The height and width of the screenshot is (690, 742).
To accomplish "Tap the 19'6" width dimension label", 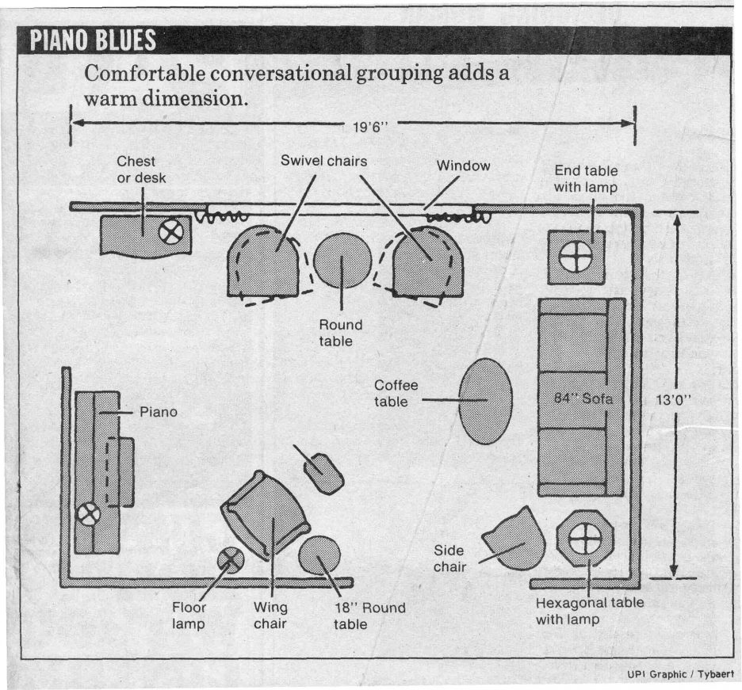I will point(372,124).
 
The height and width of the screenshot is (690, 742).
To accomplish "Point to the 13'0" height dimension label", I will point(675,399).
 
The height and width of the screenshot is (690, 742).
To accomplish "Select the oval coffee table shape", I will point(485,401).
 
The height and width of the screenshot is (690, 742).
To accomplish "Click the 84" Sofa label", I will point(583,398).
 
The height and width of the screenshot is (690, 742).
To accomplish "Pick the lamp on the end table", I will point(576,257).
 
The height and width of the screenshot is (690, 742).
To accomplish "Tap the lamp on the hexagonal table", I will point(585,540).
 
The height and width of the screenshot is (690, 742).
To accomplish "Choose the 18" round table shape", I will point(319,555).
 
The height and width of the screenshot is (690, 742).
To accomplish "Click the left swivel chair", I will point(263,261).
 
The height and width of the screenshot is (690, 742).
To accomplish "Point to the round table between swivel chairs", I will point(342,261).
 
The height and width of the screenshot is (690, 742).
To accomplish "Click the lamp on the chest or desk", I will point(171,231).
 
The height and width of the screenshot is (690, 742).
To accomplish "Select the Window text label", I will point(463,166).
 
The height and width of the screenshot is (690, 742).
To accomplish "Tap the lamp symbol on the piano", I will point(89,514).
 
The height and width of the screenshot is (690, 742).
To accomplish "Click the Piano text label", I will point(159,412).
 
